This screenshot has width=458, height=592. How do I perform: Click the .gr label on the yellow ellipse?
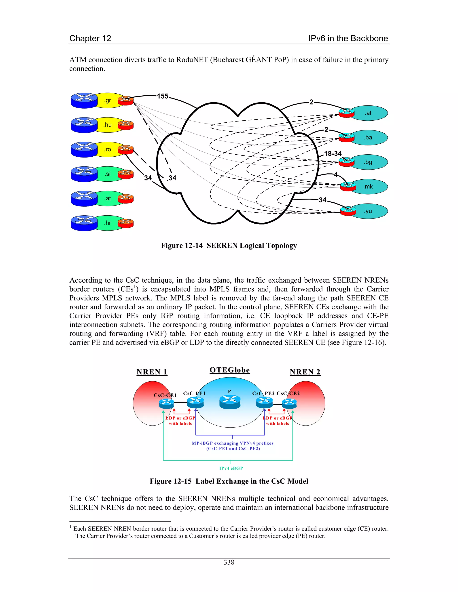point(108,101)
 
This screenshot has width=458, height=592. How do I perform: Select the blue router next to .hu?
point(84,125)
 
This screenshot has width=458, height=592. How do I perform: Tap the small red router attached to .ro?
point(126,150)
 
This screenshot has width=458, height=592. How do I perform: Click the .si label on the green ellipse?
point(108,174)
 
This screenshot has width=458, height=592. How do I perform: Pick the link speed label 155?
point(163,96)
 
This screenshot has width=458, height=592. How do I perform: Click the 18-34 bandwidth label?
point(333,154)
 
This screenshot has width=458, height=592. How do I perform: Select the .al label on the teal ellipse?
point(368,113)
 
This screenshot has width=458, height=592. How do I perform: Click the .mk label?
point(368,187)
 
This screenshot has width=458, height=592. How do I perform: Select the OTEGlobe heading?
point(229,370)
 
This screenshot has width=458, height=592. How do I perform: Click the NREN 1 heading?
point(152,372)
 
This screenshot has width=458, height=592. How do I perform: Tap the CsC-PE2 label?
point(263,393)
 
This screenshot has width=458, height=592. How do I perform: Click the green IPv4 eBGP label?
point(231,468)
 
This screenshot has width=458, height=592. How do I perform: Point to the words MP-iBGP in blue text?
point(202,443)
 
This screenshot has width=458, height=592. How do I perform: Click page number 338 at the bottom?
point(229,563)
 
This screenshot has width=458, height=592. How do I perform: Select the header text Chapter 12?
point(90,38)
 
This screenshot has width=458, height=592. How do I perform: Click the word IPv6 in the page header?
point(317,38)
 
